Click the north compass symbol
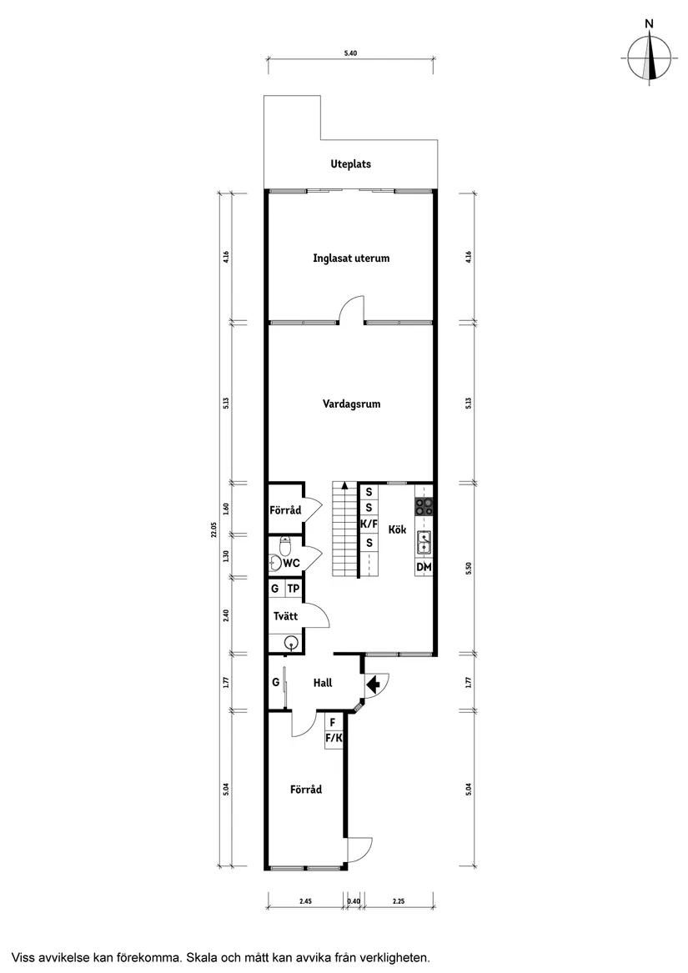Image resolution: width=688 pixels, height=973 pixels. [650, 59]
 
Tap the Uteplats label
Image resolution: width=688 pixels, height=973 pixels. [351, 164]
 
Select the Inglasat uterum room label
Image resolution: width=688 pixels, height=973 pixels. [351, 258]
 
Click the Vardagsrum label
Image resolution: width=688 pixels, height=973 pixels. [351, 404]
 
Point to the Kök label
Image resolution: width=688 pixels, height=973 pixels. [396, 528]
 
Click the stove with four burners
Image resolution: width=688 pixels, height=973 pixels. [424, 506]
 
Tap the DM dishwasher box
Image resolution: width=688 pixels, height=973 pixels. [424, 568]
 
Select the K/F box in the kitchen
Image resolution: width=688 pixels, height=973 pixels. [369, 525]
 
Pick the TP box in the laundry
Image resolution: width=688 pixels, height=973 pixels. [294, 589]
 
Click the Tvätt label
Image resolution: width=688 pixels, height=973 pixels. [284, 617]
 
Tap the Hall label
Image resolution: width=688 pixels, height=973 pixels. [323, 683]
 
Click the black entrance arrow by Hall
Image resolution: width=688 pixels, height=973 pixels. [373, 684]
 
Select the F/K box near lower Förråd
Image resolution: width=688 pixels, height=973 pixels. [334, 738]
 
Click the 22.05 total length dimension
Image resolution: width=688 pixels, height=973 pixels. [213, 530]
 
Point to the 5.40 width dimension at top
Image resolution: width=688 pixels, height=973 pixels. [351, 53]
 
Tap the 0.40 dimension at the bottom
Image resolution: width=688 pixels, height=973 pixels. [354, 900]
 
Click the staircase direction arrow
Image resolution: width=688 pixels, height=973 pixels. [344, 484]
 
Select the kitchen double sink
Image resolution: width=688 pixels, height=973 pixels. [424, 543]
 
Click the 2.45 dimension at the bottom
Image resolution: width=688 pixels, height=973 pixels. [305, 900]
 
